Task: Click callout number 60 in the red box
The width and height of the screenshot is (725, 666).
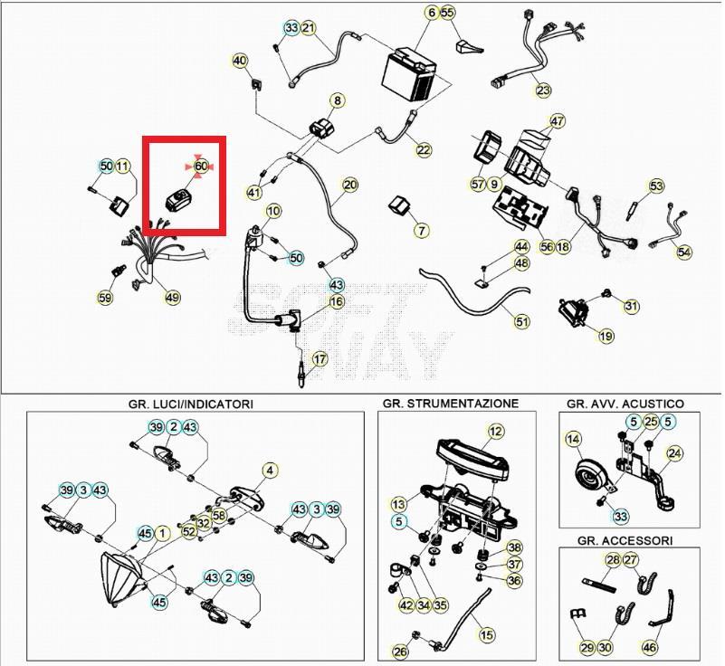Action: [201, 166]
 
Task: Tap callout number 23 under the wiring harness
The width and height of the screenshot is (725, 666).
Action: [542, 90]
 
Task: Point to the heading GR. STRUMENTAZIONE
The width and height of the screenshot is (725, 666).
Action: [450, 404]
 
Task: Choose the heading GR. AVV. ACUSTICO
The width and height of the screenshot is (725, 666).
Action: [625, 404]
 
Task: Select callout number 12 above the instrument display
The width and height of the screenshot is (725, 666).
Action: [495, 432]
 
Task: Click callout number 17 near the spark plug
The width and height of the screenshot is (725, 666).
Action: [320, 358]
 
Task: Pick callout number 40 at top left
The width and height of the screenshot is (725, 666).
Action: [240, 61]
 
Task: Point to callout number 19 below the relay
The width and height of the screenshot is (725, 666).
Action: [606, 336]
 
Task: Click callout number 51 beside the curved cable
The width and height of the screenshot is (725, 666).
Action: [522, 320]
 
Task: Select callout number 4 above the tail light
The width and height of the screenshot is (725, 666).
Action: [269, 470]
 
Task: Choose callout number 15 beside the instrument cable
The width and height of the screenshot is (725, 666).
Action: [487, 634]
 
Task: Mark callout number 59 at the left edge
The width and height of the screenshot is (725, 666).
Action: [105, 297]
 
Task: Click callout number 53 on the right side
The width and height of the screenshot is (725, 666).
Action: [656, 186]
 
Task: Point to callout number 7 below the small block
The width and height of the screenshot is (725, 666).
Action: [422, 231]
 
